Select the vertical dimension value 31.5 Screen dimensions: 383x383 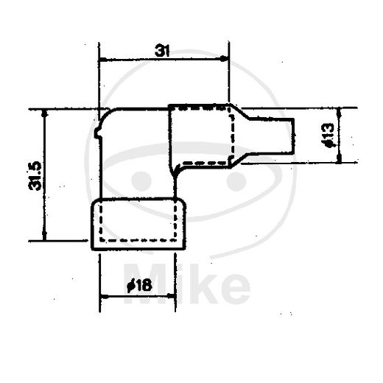(x=35, y=176)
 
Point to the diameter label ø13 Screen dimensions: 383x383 (x=328, y=136)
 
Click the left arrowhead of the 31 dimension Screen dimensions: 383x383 (x=102, y=60)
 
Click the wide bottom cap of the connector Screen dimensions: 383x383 (x=137, y=222)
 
